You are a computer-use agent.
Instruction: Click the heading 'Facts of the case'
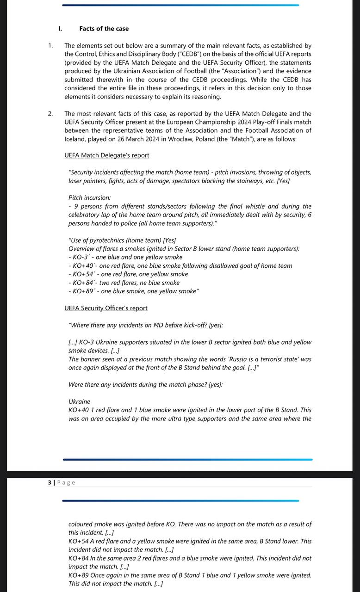(104, 29)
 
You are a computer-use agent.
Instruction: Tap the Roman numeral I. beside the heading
(60, 29)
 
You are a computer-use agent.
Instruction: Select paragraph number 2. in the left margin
(50, 114)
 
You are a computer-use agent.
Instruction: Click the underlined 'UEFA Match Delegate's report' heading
(107, 155)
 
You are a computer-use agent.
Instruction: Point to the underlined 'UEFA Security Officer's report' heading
(106, 308)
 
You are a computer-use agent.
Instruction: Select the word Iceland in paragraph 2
(75, 139)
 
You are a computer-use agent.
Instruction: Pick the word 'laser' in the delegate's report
(76, 181)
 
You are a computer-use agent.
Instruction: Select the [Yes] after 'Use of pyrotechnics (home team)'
(170, 240)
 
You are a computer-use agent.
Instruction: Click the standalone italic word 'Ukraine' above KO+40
(80, 401)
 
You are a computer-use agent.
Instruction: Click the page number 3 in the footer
(50, 482)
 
